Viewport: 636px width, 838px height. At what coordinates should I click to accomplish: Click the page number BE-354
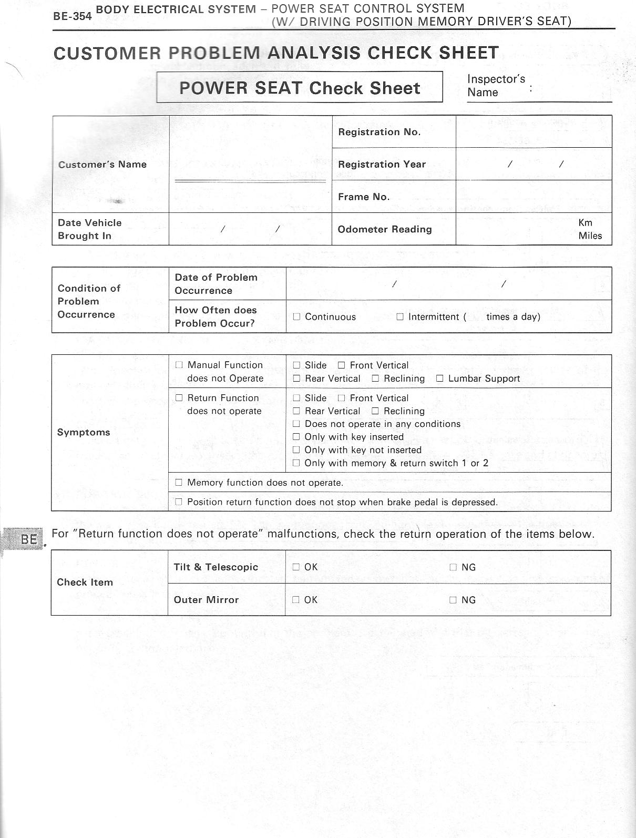pyautogui.click(x=73, y=16)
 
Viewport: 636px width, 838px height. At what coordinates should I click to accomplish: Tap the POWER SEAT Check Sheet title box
pyautogui.click(x=300, y=87)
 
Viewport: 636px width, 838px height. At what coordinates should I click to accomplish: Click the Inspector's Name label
pyautogui.click(x=496, y=86)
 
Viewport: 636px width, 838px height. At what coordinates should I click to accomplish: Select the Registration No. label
pyautogui.click(x=379, y=132)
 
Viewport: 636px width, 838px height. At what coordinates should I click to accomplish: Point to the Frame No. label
pyautogui.click(x=364, y=197)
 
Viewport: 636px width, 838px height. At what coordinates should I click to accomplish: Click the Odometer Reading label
pyautogui.click(x=385, y=229)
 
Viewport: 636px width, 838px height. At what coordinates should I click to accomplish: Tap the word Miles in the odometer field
pyautogui.click(x=590, y=236)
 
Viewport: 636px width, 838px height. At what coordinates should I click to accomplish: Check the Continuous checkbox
pyautogui.click(x=296, y=316)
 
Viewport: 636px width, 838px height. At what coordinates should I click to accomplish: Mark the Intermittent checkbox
pyautogui.click(x=400, y=316)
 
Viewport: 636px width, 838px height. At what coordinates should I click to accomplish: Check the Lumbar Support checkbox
pyautogui.click(x=440, y=379)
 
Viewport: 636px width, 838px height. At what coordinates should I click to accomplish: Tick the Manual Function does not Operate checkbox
pyautogui.click(x=179, y=365)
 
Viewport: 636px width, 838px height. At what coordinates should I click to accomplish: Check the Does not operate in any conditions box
pyautogui.click(x=296, y=424)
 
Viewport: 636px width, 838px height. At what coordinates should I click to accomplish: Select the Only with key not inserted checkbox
pyautogui.click(x=296, y=450)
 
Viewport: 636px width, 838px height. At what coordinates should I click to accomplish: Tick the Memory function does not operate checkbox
pyautogui.click(x=179, y=482)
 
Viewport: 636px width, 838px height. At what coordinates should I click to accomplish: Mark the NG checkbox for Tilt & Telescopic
pyautogui.click(x=453, y=567)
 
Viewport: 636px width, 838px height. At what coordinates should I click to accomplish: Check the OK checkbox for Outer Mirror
pyautogui.click(x=296, y=600)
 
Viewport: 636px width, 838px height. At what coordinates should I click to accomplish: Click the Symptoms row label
pyautogui.click(x=84, y=432)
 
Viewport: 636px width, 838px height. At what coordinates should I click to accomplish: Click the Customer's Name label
pyautogui.click(x=102, y=164)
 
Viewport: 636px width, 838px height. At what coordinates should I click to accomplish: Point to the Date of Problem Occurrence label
pyautogui.click(x=216, y=284)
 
